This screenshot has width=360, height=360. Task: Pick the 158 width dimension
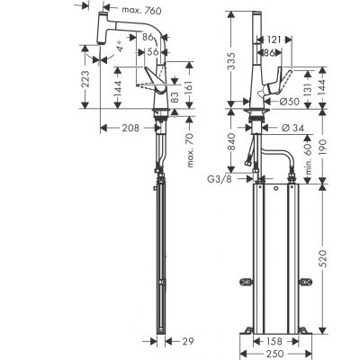pos(273,340)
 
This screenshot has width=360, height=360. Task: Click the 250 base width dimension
pos(273,353)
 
